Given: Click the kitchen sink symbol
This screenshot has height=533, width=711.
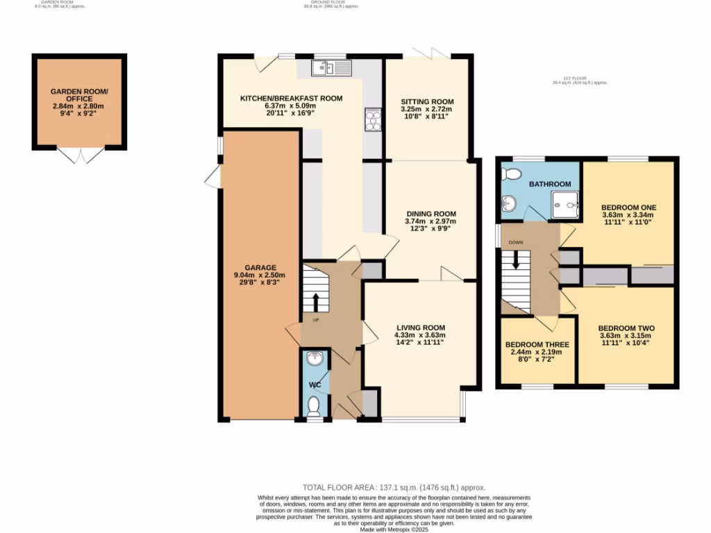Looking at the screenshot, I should click(333, 67).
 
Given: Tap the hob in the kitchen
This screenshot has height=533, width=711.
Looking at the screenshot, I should click(373, 121).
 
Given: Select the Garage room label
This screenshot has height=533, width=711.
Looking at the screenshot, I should click(260, 267).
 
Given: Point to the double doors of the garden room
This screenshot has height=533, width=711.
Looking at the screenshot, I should click(78, 155).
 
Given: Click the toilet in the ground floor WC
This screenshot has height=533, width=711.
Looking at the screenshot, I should click(313, 404).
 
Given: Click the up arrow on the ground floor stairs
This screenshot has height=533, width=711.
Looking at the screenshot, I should click(316, 303).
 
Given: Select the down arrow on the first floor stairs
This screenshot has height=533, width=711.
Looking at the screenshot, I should click(516, 260).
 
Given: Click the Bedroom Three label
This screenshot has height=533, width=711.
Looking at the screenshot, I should click(537, 344).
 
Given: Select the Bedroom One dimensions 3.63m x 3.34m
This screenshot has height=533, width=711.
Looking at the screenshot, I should click(628, 215).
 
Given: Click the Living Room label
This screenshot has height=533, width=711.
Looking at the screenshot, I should click(421, 328).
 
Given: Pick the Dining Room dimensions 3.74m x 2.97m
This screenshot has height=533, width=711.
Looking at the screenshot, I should click(430, 221).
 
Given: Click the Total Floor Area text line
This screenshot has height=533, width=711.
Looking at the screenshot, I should click(394, 487).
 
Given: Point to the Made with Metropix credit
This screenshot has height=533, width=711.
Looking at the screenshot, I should click(394, 530).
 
